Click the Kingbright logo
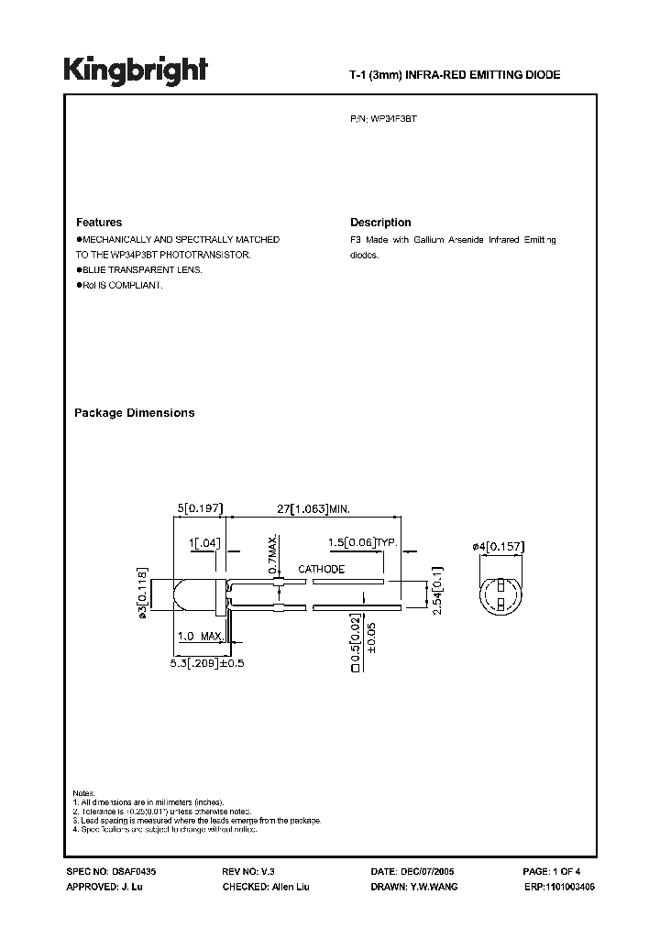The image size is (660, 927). pos(136,70)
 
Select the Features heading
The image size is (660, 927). pos(99,223)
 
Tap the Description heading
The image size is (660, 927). pos(380,223)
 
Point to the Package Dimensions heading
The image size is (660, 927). pos(134,413)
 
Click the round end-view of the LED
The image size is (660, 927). pos(502,594)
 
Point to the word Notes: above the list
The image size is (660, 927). pos(84,791)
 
